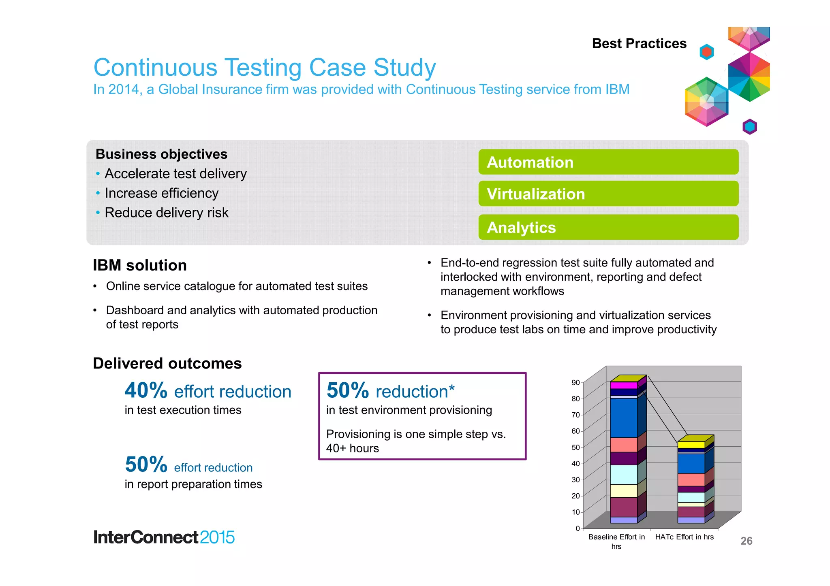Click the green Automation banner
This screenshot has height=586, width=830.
click(608, 162)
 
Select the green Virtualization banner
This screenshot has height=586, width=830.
click(608, 194)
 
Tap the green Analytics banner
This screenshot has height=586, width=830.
click(608, 227)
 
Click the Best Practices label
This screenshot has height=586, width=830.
click(639, 43)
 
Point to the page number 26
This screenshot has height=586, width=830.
click(746, 541)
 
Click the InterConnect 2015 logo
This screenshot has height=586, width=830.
click(164, 537)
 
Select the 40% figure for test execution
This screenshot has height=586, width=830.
click(146, 390)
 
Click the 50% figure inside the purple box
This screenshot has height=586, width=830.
click(348, 390)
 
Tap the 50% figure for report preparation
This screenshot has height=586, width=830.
click(146, 465)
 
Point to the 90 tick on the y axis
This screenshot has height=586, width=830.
click(575, 383)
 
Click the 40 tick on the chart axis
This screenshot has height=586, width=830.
click(575, 464)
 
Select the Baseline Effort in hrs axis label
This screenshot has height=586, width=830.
click(616, 541)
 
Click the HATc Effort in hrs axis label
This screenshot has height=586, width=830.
click(684, 537)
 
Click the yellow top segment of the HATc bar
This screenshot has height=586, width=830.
click(691, 445)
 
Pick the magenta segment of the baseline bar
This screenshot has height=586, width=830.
click(624, 385)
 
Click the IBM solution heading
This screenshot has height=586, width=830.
click(140, 265)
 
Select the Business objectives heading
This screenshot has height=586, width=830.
click(161, 154)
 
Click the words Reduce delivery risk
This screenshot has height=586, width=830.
click(167, 213)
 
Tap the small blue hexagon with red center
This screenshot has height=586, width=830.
click(706, 52)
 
